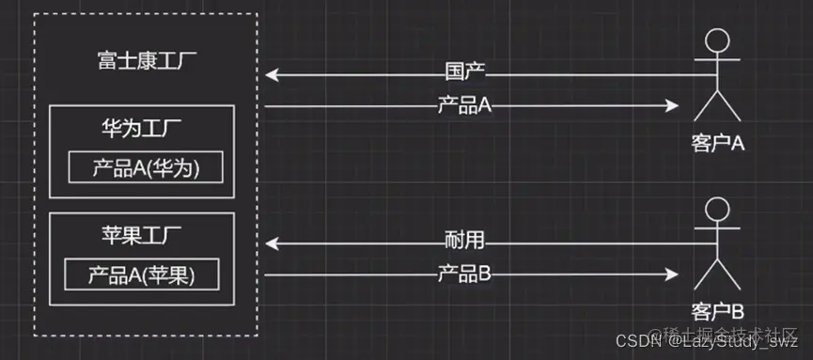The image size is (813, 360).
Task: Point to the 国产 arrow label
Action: [x=464, y=72]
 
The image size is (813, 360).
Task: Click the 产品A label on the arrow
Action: [x=464, y=105]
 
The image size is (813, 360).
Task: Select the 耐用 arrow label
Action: [x=464, y=241]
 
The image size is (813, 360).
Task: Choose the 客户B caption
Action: [x=717, y=310]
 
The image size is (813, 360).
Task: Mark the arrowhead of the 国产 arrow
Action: [x=271, y=73]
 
